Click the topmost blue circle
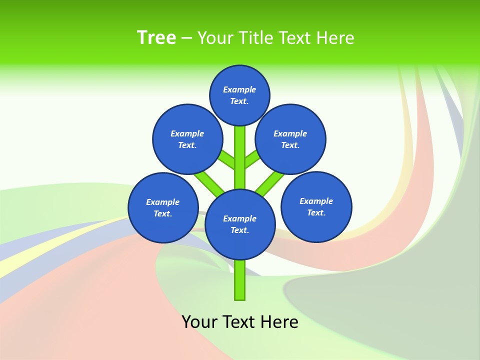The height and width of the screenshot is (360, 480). [x=239, y=95]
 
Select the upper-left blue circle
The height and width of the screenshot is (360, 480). [x=187, y=139]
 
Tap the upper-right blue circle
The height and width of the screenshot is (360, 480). [x=290, y=139]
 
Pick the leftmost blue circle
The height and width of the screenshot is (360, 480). [x=163, y=208]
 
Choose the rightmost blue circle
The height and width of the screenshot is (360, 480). [x=316, y=207]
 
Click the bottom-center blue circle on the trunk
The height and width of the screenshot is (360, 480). [x=240, y=224]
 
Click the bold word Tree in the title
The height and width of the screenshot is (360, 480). [x=156, y=37]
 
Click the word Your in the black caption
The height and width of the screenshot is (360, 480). [x=199, y=322]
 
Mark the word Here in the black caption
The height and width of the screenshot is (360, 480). [x=279, y=322]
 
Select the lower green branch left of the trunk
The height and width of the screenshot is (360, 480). [x=209, y=182]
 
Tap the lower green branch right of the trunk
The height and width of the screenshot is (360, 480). [x=270, y=182]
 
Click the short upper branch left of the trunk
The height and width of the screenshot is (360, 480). [x=227, y=159]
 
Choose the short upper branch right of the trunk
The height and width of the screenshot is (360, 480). [x=252, y=159]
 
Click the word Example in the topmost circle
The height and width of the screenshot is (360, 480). [x=239, y=90]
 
